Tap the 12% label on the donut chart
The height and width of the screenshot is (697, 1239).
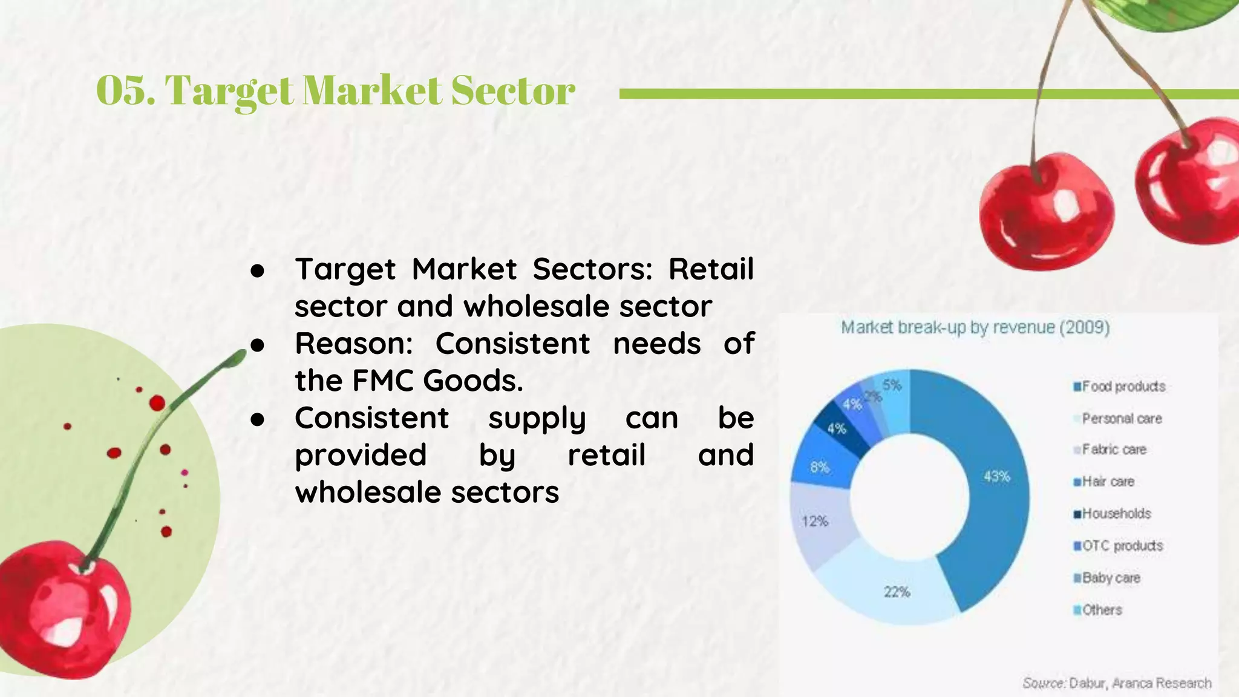click(x=814, y=521)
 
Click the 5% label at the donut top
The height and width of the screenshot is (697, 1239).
click(x=892, y=385)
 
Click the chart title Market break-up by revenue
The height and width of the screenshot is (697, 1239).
click(x=975, y=328)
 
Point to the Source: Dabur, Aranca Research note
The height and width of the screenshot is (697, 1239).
click(x=1117, y=683)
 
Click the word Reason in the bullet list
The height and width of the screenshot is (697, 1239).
click(x=353, y=344)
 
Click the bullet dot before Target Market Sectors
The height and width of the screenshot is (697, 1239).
click(x=258, y=270)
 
